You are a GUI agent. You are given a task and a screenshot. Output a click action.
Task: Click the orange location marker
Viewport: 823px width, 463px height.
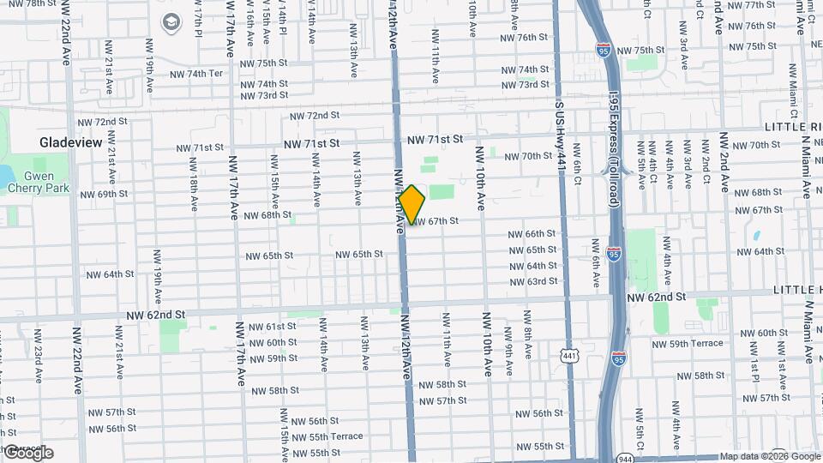[x=412, y=204]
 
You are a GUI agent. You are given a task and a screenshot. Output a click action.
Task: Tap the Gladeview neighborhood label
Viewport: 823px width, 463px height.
[x=71, y=142]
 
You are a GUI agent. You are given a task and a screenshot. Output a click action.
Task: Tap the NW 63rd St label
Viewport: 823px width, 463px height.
[x=533, y=281]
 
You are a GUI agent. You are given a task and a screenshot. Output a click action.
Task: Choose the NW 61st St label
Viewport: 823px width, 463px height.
[x=272, y=328]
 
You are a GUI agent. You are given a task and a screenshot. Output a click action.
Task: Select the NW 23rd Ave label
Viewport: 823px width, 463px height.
[x=38, y=352]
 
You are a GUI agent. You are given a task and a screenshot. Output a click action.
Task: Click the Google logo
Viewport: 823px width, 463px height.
[x=27, y=453]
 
